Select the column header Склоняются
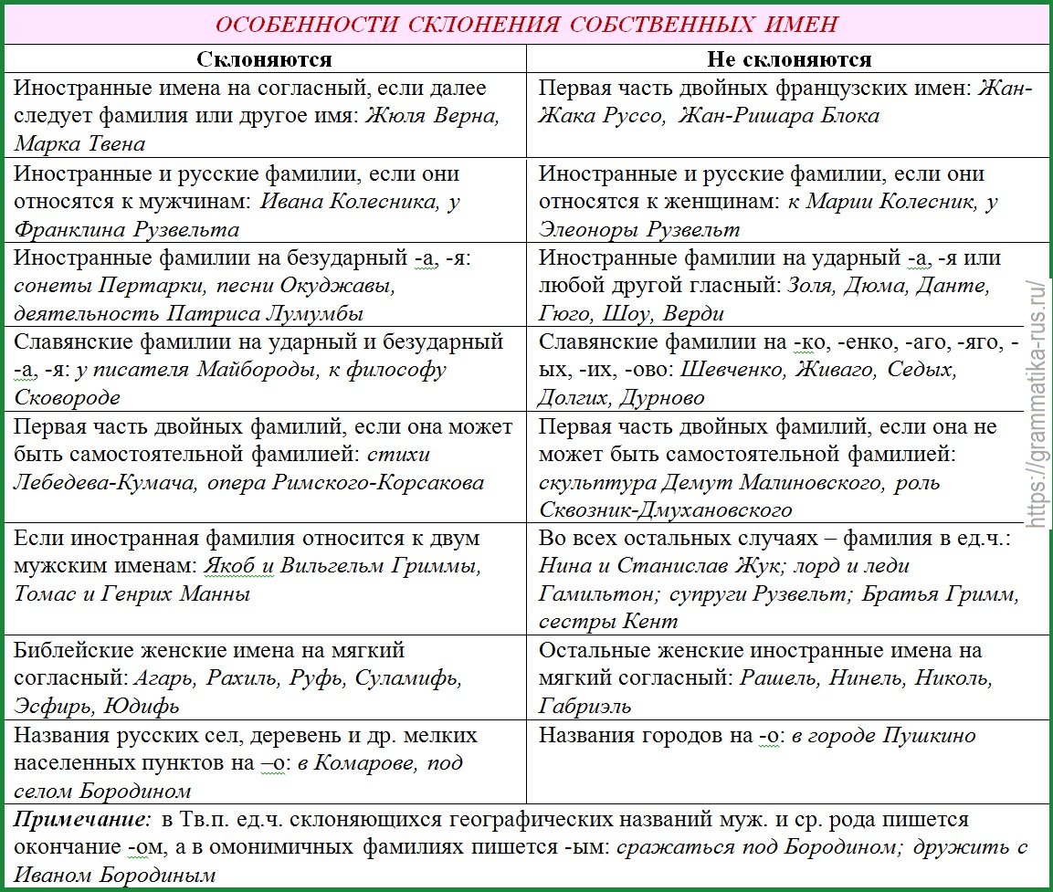click(265, 59)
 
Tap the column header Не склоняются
click(789, 59)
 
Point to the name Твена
click(113, 144)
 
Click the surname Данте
click(953, 286)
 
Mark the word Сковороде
click(68, 398)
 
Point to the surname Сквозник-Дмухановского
click(665, 509)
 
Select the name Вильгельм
click(333, 566)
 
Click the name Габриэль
click(584, 707)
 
